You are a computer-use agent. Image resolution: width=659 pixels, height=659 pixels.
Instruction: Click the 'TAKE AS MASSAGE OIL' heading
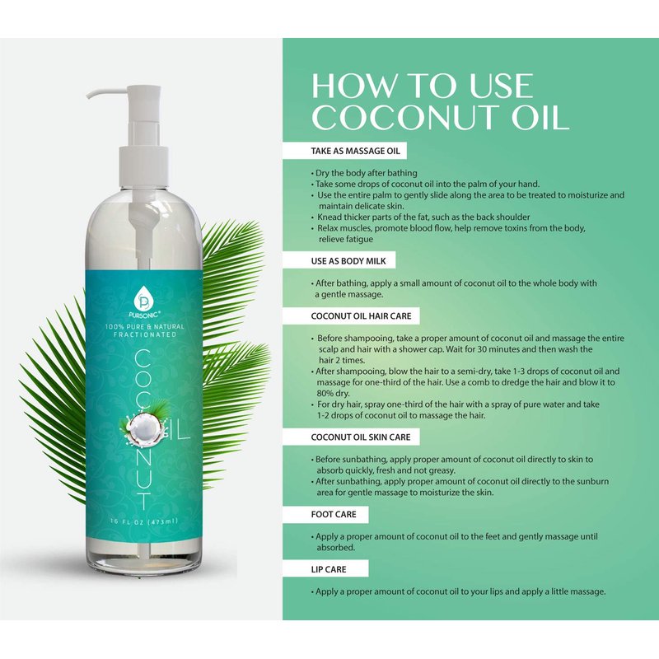[x=356, y=152]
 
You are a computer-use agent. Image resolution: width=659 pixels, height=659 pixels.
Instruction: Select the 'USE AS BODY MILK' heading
[x=348, y=261]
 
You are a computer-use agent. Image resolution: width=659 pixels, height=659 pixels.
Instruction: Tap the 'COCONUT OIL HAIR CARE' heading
[x=361, y=316]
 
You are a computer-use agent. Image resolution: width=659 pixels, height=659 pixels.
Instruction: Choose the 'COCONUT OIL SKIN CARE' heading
[x=361, y=437]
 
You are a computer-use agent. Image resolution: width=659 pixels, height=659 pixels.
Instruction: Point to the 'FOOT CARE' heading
[x=334, y=514]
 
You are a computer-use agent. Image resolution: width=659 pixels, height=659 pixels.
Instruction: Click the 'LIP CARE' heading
[x=329, y=569]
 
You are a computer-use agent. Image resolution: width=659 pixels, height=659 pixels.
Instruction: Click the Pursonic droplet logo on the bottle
[x=144, y=297]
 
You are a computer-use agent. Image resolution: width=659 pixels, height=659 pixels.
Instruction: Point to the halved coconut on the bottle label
[x=144, y=428]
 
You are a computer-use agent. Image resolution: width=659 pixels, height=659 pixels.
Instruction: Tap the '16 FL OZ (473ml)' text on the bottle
[x=144, y=521]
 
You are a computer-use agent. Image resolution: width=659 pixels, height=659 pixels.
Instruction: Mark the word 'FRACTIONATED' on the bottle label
[x=145, y=334]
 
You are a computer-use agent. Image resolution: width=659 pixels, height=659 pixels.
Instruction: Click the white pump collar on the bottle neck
[x=144, y=166]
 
